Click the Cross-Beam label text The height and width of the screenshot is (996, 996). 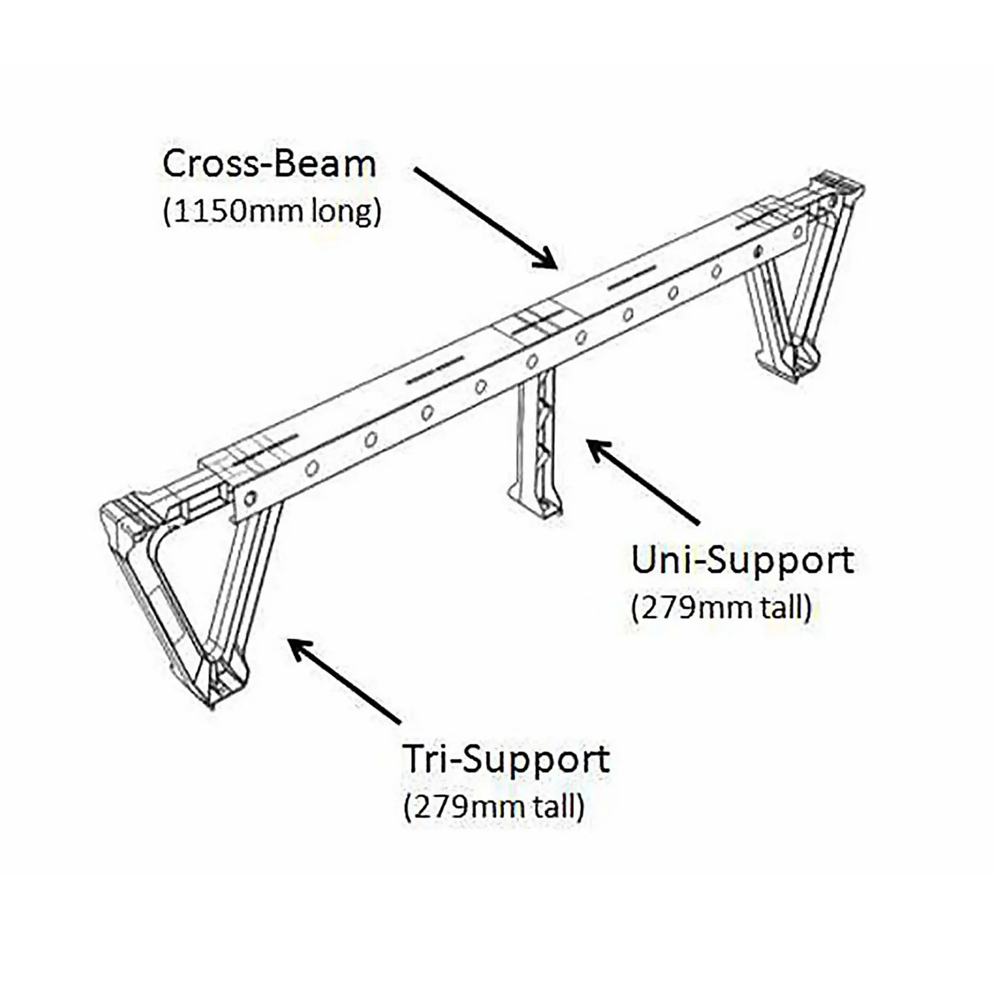[269, 165]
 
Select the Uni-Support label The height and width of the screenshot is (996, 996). [742, 561]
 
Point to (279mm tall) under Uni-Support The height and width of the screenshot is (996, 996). [722, 608]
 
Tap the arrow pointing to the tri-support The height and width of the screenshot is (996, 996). [345, 681]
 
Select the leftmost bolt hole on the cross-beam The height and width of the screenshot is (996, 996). [251, 495]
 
